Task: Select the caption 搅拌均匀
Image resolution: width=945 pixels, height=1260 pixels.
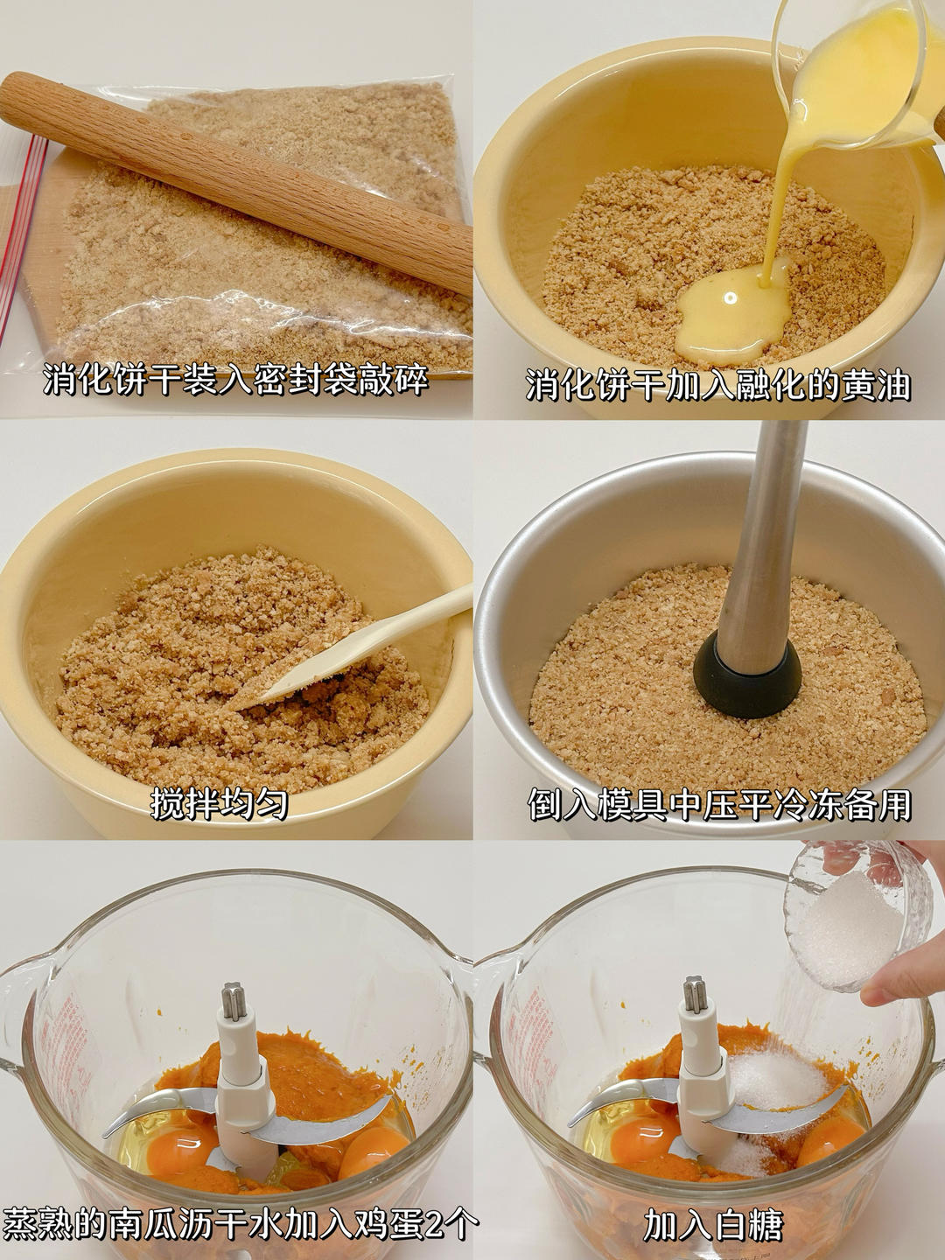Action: pyautogui.click(x=219, y=804)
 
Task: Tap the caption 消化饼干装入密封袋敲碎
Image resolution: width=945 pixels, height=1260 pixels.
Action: pyautogui.click(x=236, y=380)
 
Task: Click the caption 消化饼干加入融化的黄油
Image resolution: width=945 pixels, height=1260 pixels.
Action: pyautogui.click(x=718, y=385)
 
